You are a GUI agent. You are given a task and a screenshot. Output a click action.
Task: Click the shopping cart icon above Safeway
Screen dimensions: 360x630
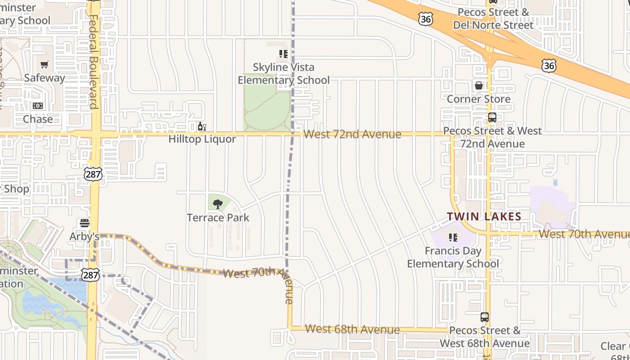click(x=44, y=65)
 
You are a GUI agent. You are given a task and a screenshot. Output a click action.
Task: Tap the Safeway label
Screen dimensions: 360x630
click(x=45, y=78)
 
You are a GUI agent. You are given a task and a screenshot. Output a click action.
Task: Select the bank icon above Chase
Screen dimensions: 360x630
click(x=38, y=106)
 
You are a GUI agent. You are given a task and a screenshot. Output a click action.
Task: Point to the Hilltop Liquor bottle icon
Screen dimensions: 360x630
click(x=202, y=126)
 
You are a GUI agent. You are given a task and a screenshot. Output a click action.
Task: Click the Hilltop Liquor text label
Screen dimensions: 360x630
click(x=202, y=139)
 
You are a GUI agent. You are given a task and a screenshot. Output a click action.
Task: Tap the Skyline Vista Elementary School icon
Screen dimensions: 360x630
click(x=283, y=54)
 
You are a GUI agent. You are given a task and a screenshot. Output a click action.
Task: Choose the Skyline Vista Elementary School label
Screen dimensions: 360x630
click(x=283, y=74)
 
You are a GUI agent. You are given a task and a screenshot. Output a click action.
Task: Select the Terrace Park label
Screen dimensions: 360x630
click(x=218, y=218)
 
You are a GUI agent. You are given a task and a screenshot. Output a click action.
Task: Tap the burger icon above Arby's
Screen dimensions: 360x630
click(x=84, y=223)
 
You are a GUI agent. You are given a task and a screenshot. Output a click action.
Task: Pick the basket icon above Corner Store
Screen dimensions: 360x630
click(x=478, y=85)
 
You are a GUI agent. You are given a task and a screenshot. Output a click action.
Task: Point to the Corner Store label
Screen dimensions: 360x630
click(x=478, y=99)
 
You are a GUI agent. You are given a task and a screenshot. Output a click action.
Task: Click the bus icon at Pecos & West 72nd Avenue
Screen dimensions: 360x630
click(x=492, y=118)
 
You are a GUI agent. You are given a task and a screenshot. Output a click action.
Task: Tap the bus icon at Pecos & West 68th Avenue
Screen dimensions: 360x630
click(x=484, y=317)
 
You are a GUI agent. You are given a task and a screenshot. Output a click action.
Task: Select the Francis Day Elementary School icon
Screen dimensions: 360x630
click(x=453, y=237)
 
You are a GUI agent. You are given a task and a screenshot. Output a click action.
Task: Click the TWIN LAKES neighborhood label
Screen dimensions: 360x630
click(x=484, y=216)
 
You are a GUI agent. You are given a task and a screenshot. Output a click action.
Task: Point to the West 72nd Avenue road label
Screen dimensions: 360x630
click(x=352, y=134)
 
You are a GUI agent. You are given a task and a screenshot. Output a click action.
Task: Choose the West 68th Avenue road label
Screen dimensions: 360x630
click(x=352, y=329)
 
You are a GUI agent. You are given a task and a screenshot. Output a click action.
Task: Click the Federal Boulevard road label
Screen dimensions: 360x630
click(x=94, y=62)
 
